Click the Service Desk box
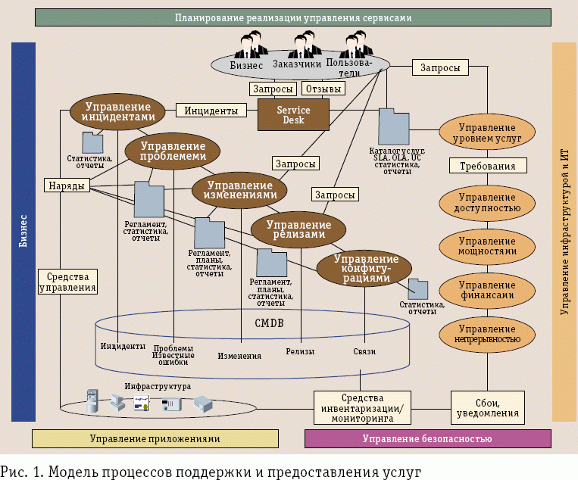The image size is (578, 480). pyautogui.click(x=294, y=114)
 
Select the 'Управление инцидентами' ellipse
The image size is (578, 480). pyautogui.click(x=118, y=112)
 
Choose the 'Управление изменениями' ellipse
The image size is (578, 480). pyautogui.click(x=239, y=189)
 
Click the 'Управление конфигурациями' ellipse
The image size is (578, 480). pyautogui.click(x=364, y=269)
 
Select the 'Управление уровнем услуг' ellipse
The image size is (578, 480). pyautogui.click(x=489, y=133)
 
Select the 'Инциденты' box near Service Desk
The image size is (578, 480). pyautogui.click(x=212, y=111)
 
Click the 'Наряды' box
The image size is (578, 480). pyautogui.click(x=65, y=185)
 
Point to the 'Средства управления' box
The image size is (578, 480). pyautogui.click(x=67, y=282)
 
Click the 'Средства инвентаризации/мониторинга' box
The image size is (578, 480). pyautogui.click(x=372, y=407)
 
